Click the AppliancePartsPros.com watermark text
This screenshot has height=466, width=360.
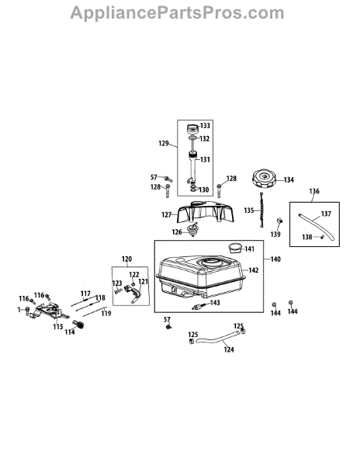click(x=177, y=13)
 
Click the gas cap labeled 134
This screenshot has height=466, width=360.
click(x=264, y=179)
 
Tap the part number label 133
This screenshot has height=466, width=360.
click(x=205, y=126)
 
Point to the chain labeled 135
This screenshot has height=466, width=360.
click(x=261, y=210)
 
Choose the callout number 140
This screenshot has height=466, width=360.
click(x=275, y=259)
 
